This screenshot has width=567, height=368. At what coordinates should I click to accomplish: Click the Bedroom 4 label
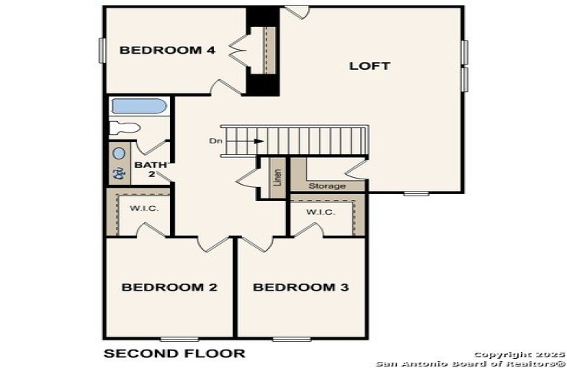click(x=168, y=50)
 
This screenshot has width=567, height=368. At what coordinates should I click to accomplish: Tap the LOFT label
click(x=369, y=66)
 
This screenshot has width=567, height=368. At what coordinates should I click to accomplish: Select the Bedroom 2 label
click(x=169, y=287)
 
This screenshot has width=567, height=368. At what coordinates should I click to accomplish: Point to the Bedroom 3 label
click(x=301, y=287)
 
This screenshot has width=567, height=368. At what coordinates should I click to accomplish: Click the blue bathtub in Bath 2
click(x=139, y=106)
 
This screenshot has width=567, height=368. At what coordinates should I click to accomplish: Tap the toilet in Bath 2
click(x=125, y=128)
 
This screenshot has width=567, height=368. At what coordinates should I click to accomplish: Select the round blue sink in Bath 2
click(x=119, y=153)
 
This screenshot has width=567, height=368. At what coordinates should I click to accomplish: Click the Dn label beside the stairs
click(x=216, y=141)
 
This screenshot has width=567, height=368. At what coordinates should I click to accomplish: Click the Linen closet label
click(x=277, y=177)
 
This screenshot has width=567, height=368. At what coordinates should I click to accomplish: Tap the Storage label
click(x=327, y=186)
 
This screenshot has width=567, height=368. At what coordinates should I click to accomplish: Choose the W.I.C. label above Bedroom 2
click(x=144, y=209)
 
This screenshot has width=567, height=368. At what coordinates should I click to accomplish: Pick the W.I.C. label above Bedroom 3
click(x=321, y=212)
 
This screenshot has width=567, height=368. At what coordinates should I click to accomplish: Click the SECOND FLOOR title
click(x=174, y=353)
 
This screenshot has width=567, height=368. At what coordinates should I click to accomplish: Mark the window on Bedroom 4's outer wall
click(x=103, y=51)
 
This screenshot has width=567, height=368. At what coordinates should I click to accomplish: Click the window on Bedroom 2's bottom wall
click(x=179, y=339)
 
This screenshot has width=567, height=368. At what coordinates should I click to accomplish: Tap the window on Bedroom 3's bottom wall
click(x=292, y=339)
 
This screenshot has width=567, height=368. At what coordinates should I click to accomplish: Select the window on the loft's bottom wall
click(x=416, y=194)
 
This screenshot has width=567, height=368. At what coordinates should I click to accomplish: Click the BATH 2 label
click(x=150, y=169)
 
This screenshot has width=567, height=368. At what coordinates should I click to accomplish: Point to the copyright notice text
click(x=470, y=359)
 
